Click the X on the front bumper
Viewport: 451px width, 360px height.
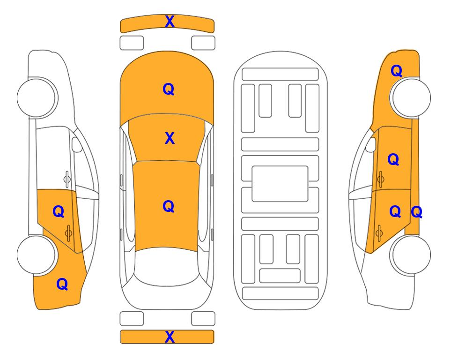(x=170, y=22)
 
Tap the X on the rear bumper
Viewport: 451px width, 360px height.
(x=170, y=337)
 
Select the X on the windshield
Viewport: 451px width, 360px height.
(x=170, y=138)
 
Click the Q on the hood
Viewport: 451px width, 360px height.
(x=169, y=89)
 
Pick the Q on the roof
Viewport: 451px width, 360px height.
(x=169, y=207)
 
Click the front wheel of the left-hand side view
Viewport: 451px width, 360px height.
(x=37, y=97)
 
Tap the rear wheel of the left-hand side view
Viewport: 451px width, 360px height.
(x=37, y=255)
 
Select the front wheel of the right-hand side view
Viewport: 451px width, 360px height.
(x=411, y=97)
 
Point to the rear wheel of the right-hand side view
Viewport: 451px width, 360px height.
(x=411, y=255)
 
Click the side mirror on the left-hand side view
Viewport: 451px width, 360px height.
(x=76, y=144)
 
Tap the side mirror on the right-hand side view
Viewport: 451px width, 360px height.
(x=371, y=144)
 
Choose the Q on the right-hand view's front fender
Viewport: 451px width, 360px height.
(x=396, y=71)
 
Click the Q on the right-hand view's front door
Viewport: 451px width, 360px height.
(x=393, y=159)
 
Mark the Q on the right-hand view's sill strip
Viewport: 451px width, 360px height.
(x=416, y=212)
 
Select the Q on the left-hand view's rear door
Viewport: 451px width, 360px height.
(x=59, y=212)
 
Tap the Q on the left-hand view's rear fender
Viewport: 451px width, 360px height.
(x=62, y=284)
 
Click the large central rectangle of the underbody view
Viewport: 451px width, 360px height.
(x=280, y=184)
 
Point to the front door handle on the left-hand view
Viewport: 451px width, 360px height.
(x=67, y=179)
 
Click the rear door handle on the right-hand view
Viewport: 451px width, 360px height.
(x=379, y=233)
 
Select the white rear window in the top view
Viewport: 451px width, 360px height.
(x=167, y=266)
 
